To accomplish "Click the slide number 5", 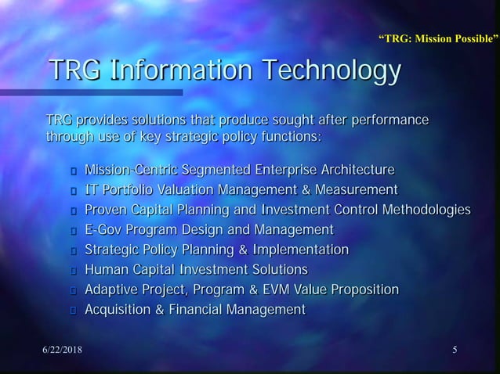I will coord(455,349).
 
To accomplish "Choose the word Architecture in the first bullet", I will coord(351,169).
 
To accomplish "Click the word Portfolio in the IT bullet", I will coord(130,189).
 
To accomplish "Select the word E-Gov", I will coord(103,230).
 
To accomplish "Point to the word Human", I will coord(107,270).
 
